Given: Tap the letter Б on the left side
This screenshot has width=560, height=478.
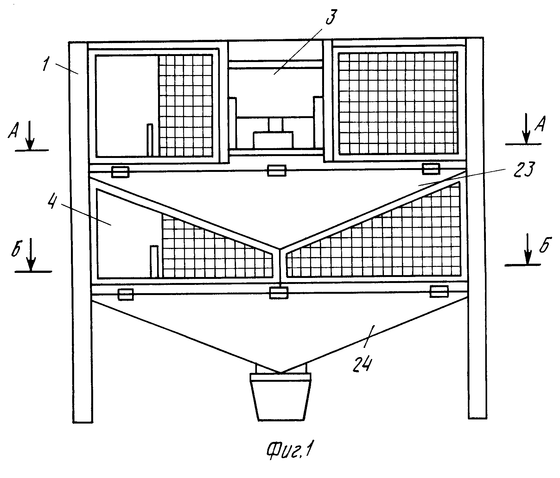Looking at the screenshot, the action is [x=17, y=251].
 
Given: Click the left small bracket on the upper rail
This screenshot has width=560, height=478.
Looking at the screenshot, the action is [x=120, y=172].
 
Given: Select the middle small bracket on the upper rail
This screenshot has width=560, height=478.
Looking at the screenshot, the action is [x=277, y=171].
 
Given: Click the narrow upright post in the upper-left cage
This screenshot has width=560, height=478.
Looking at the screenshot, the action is [x=150, y=140].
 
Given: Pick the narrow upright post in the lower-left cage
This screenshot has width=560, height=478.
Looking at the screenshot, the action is [x=154, y=261].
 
